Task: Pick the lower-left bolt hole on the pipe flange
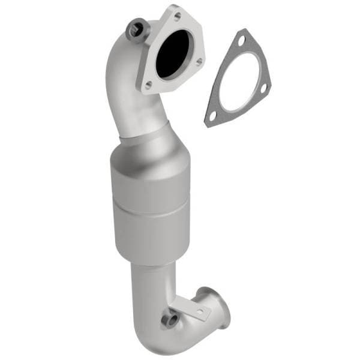148,85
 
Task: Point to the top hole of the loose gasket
241,41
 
